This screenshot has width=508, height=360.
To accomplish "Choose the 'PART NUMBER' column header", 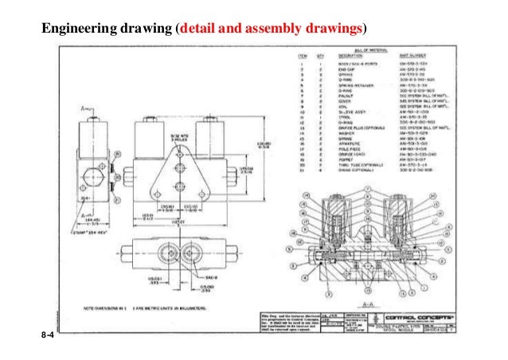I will tap(418, 56).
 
